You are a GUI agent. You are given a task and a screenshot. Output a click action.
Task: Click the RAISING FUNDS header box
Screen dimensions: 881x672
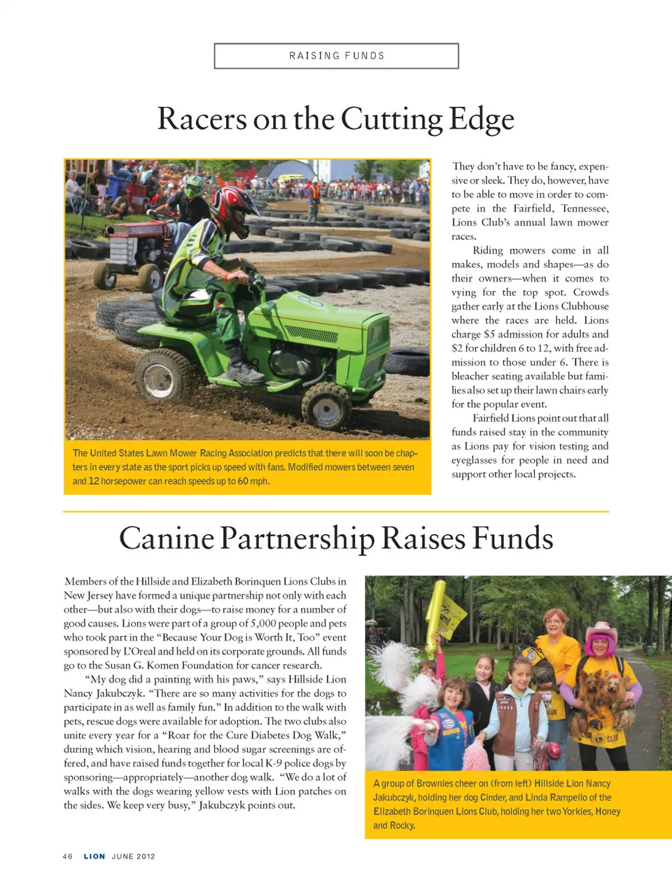point(336,56)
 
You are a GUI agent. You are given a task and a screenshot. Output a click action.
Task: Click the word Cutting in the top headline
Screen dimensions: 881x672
point(392,119)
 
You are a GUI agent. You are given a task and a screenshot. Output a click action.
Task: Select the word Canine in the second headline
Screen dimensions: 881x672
point(167,538)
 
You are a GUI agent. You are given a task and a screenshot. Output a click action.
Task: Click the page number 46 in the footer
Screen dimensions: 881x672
point(68,857)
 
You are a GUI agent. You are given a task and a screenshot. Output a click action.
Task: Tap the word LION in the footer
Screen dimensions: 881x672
point(94,857)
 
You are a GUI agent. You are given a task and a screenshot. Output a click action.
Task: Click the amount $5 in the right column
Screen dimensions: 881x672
point(489,334)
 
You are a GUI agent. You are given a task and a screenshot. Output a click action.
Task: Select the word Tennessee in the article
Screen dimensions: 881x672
point(584,208)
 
